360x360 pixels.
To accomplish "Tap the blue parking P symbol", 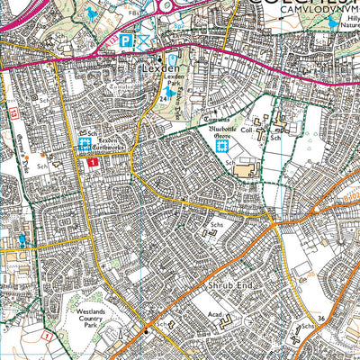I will click(126, 40).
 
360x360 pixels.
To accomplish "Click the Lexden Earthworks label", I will click(113, 141).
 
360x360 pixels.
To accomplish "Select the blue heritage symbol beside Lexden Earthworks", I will click(85, 143).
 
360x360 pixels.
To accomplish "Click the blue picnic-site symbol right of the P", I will click(144, 40).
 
